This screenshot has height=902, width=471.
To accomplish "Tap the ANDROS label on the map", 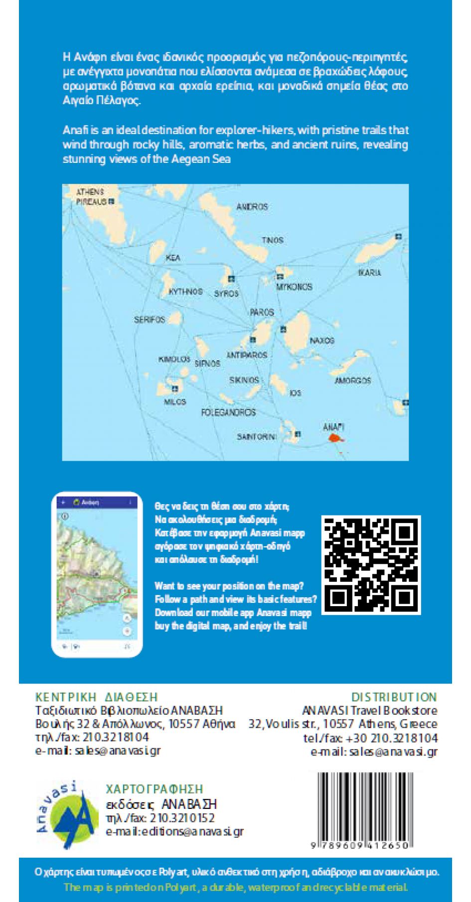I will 252,207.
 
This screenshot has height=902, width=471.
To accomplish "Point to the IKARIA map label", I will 370,272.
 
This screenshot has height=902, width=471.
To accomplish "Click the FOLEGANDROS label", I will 229,412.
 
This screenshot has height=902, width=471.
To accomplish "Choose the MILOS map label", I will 175,401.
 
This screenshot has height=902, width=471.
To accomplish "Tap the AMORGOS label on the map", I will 353,381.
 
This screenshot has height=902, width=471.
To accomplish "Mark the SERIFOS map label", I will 149,319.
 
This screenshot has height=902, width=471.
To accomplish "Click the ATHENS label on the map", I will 90,192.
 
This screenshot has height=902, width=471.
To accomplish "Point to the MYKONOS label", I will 294,287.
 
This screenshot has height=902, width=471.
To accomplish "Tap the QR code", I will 372,564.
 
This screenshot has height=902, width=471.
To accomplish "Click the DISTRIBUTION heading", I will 394,697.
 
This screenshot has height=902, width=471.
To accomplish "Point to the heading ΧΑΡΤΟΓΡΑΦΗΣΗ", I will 155,789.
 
